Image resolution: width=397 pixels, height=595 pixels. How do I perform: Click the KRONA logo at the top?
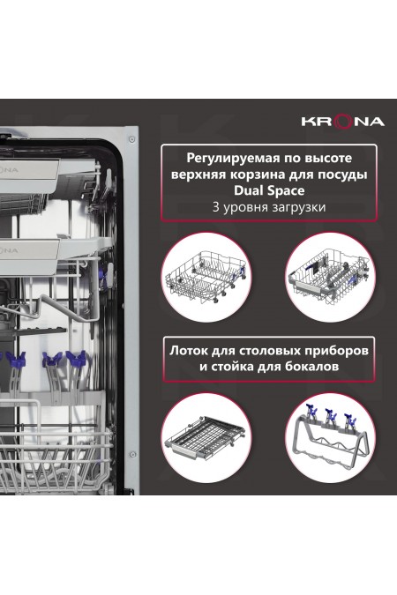click(344, 121)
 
